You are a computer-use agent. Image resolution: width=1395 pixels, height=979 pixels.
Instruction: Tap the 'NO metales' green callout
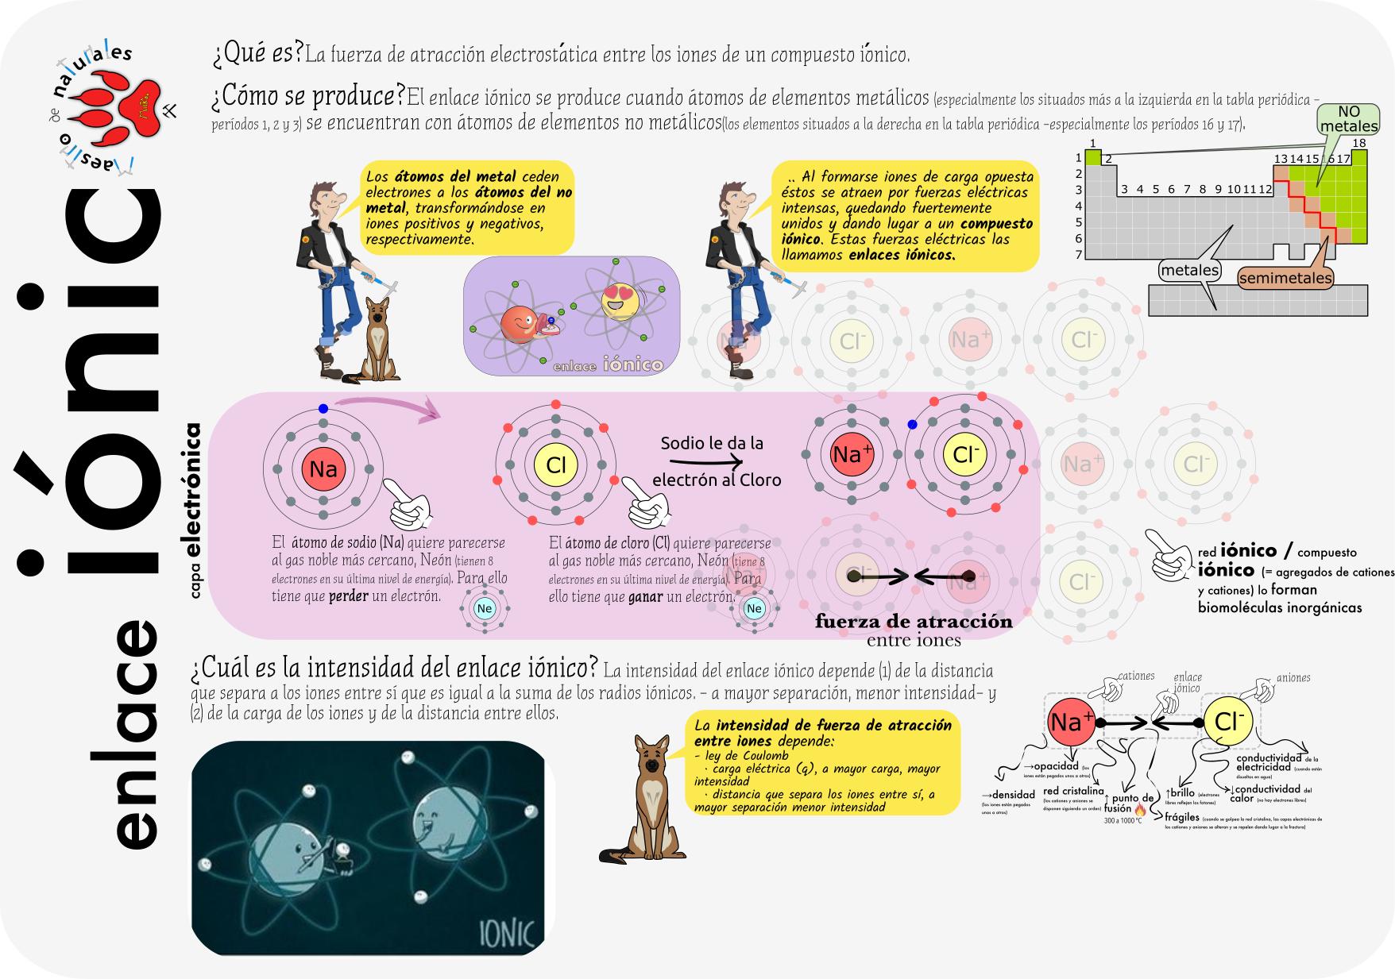[x=1348, y=119]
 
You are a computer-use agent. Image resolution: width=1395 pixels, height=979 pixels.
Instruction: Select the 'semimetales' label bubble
[x=1285, y=278]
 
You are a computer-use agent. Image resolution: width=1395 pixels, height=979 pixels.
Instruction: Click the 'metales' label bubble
[x=1189, y=270]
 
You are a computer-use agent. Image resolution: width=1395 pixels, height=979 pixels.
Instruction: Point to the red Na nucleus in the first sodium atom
[x=323, y=468]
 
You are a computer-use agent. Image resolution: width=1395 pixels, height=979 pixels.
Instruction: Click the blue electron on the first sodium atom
[x=323, y=409]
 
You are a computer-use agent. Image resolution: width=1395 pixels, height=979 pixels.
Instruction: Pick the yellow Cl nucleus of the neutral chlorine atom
[x=556, y=465]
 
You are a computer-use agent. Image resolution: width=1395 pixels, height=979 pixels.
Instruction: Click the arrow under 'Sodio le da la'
[x=702, y=461]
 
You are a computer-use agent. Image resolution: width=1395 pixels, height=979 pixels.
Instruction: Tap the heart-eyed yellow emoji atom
[x=620, y=301]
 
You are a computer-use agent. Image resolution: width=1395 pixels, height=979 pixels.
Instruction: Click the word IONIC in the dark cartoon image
[x=507, y=934]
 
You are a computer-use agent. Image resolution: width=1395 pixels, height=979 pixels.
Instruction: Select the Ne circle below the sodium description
[x=485, y=609]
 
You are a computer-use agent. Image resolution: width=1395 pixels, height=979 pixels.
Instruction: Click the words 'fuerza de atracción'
[x=914, y=622]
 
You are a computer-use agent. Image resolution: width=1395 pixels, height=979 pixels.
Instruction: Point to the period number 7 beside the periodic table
[x=1078, y=255]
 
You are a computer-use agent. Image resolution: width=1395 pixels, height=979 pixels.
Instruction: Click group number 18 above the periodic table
[x=1359, y=144]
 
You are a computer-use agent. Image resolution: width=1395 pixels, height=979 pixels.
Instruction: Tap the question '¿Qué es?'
[x=257, y=53]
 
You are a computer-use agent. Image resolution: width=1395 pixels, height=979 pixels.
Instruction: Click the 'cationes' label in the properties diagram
[x=1136, y=676]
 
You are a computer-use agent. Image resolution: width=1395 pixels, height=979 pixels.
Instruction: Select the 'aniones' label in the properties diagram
[x=1293, y=678]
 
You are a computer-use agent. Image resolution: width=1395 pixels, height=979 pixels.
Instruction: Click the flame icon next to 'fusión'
[x=1140, y=810]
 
